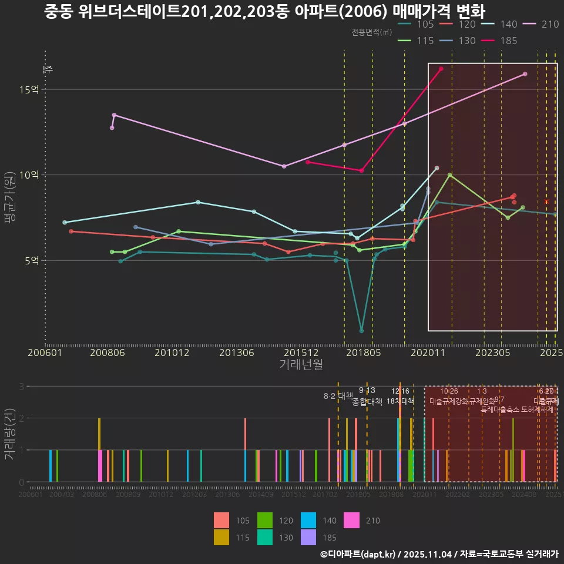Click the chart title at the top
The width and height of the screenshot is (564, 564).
pos(265,11)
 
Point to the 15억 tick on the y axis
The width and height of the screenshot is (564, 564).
pos(28,90)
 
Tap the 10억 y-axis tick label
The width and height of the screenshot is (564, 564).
pos(28,175)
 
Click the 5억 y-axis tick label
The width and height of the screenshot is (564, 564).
pos(31,260)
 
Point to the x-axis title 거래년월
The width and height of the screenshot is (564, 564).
pos(301,365)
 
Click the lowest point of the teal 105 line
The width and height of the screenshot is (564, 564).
pos(361,331)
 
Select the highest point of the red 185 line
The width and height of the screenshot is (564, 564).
pos(441,69)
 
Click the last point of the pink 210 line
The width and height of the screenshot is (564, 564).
pos(525,74)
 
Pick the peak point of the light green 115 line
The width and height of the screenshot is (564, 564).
pos(449,174)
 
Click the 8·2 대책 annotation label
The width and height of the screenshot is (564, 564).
pos(338,396)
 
